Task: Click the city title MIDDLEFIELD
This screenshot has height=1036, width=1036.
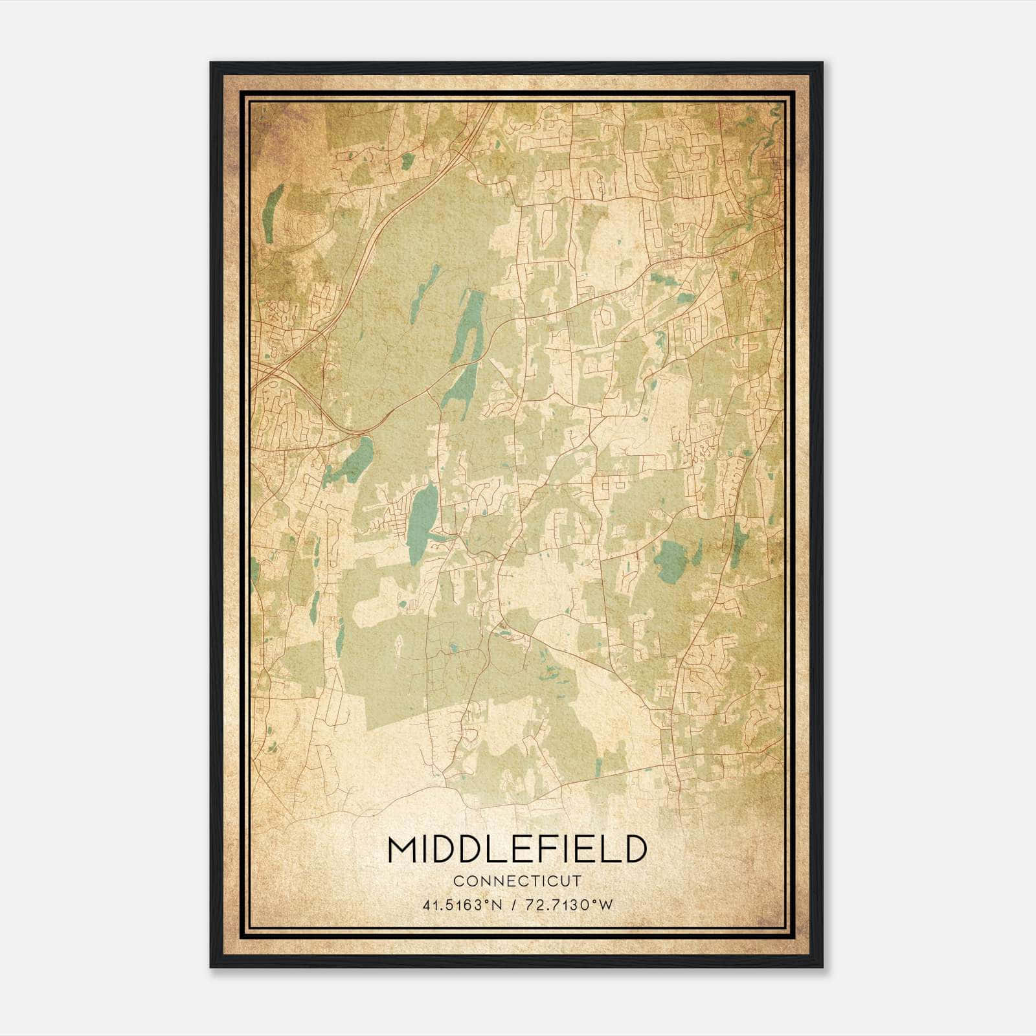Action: tap(517, 850)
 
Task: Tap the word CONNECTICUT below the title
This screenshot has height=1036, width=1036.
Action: tap(517, 881)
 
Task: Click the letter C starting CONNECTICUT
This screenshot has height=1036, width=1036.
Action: tap(457, 881)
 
